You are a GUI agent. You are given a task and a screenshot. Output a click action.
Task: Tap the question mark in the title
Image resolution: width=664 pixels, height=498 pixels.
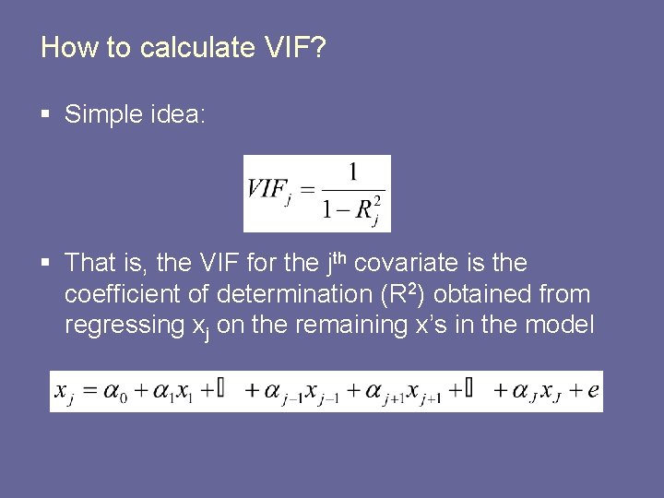pyautogui.click(x=318, y=47)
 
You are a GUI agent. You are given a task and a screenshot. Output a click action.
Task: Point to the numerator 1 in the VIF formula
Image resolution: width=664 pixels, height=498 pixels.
pyautogui.click(x=352, y=172)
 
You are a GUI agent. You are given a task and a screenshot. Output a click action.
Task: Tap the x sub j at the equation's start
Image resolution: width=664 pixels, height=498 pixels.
pyautogui.click(x=65, y=392)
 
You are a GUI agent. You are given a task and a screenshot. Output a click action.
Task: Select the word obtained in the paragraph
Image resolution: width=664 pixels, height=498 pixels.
pyautogui.click(x=490, y=294)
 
